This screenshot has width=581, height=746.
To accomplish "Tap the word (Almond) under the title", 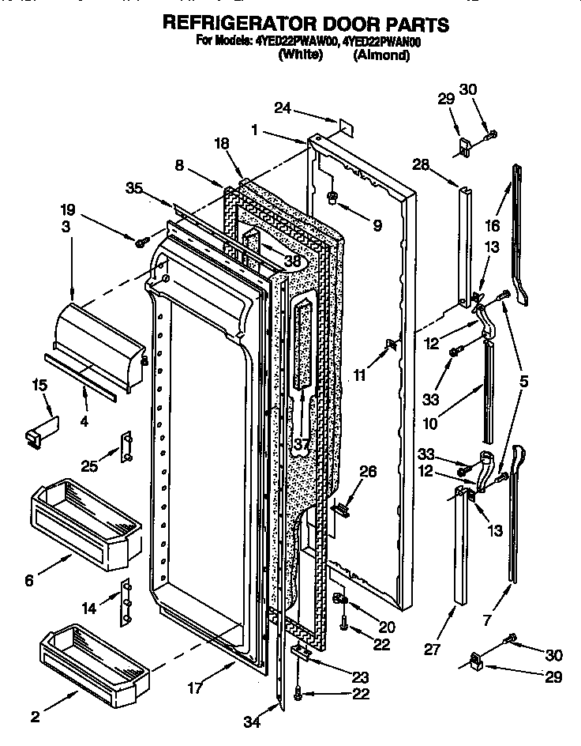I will (x=381, y=55).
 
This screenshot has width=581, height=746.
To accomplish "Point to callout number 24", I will (x=283, y=108).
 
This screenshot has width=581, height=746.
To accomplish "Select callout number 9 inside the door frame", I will (x=377, y=226).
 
